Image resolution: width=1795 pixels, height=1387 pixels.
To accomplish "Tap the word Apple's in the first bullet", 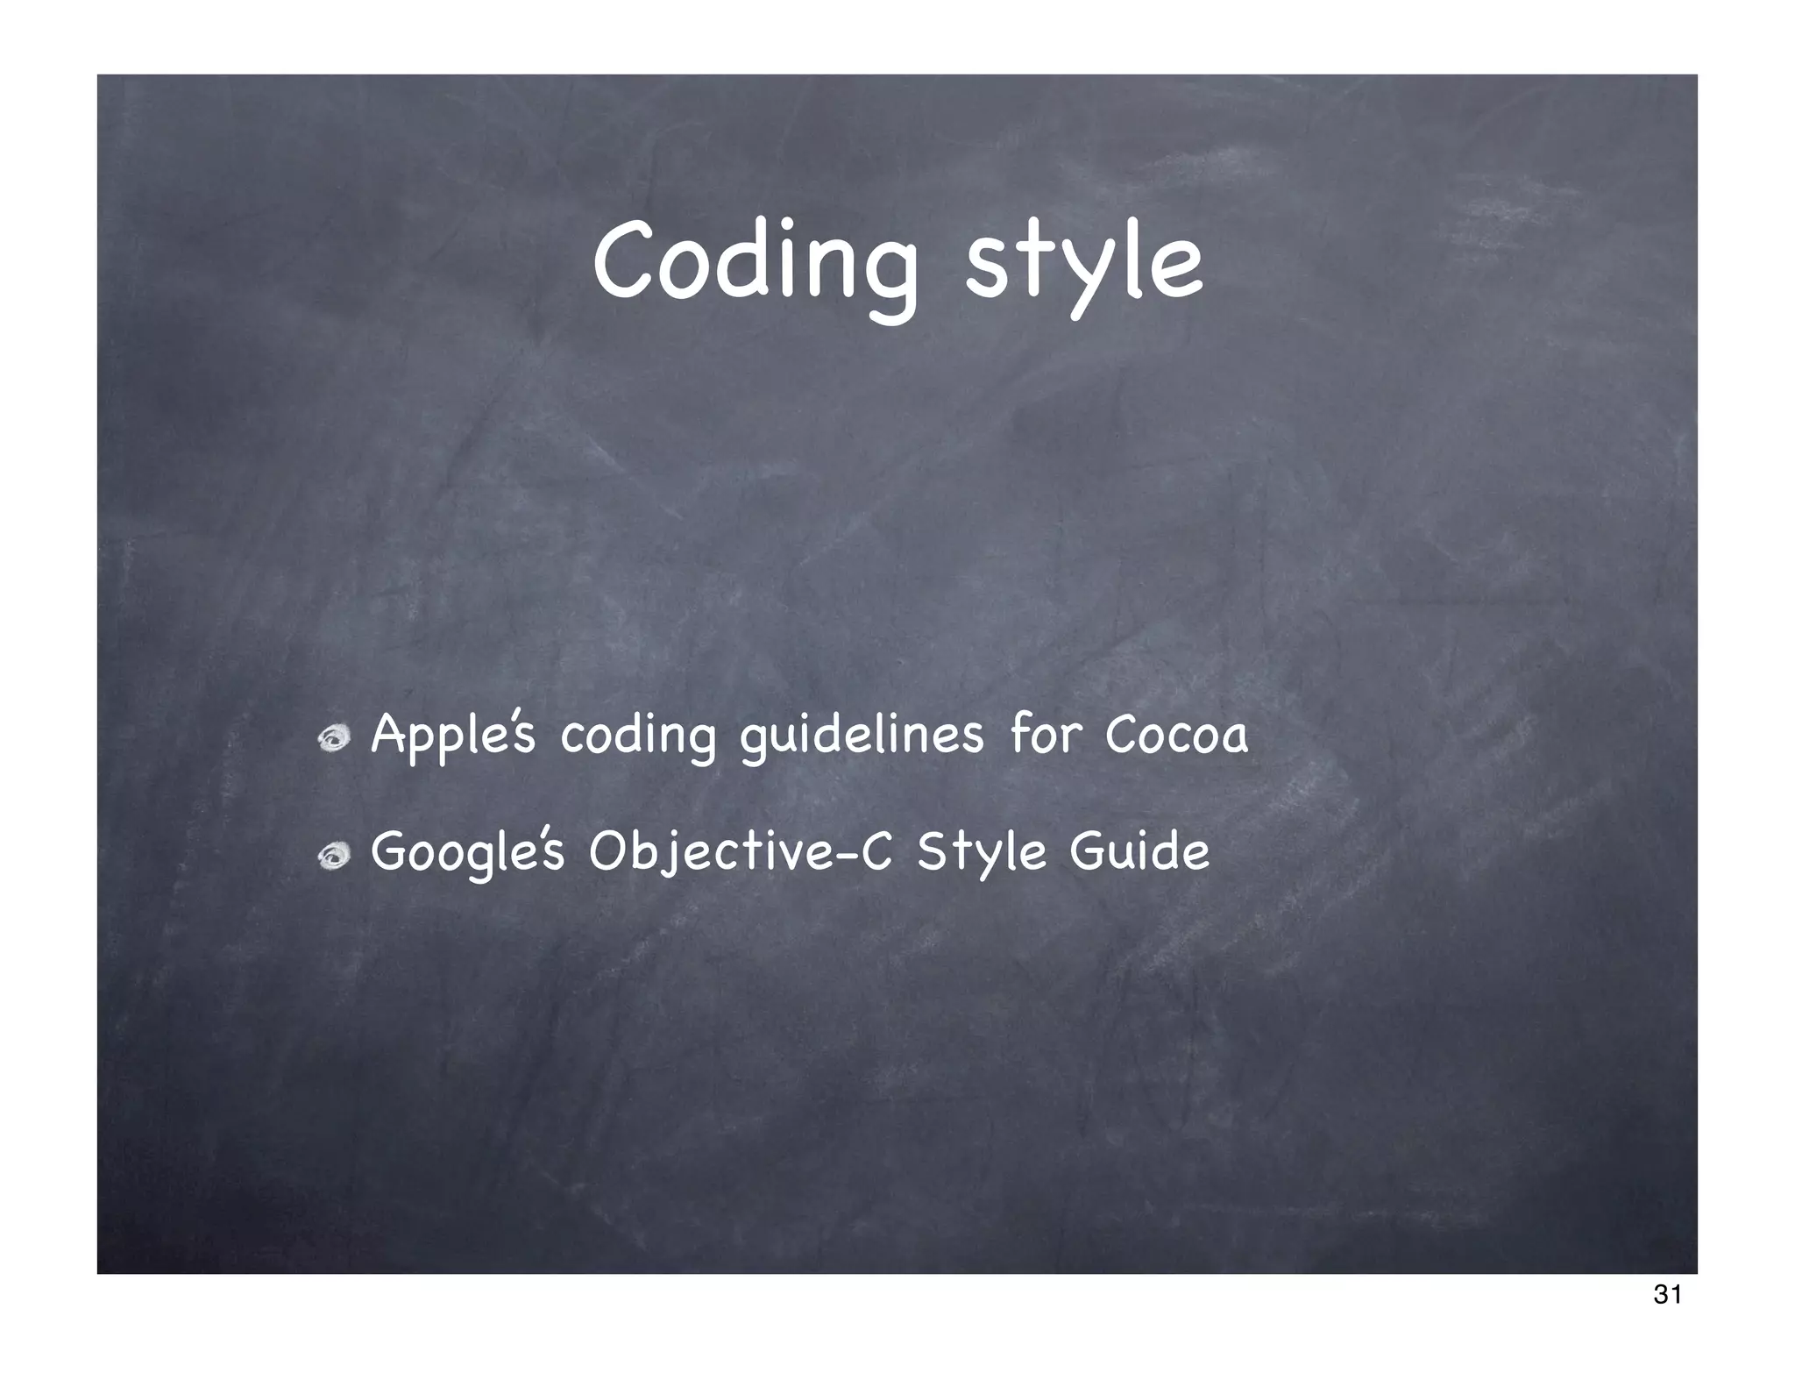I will point(452,735).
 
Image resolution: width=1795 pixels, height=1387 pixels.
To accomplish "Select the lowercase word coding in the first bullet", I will point(637,736).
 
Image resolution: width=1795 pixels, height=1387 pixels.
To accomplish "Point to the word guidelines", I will point(862,736).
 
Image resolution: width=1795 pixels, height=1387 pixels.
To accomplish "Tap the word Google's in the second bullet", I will point(467,852).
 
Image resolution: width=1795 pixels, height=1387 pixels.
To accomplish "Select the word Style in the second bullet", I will point(981,852).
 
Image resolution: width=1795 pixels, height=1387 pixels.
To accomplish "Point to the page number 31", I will point(1666,1319).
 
